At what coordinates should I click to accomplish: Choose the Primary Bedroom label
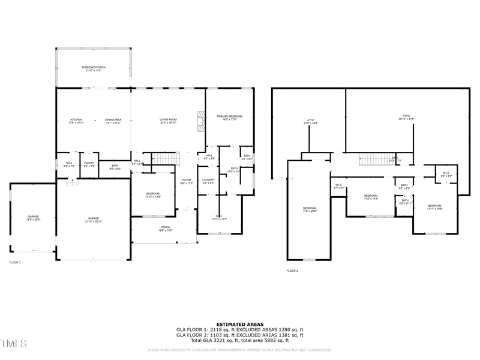[230, 118]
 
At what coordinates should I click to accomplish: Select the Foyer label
[187, 181]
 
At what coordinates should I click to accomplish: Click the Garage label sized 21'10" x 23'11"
[93, 220]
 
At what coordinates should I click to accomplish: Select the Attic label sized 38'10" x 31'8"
[406, 117]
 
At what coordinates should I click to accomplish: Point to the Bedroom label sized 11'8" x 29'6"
[309, 209]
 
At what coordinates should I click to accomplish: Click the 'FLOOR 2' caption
[292, 271]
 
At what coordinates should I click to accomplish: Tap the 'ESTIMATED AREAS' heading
[239, 324]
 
